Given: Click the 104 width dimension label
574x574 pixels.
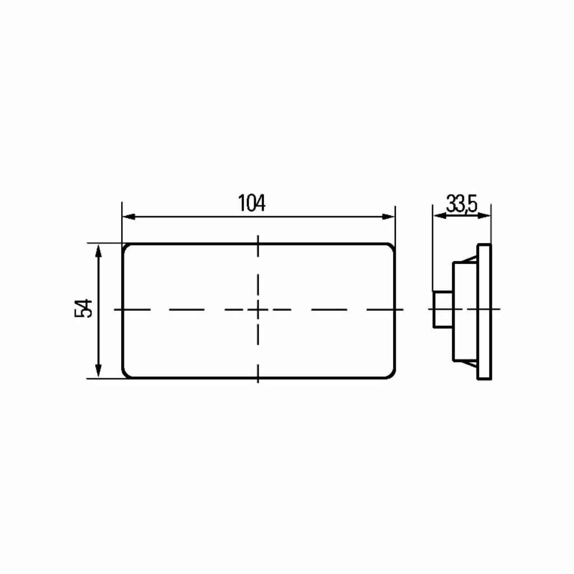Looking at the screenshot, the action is (x=252, y=203).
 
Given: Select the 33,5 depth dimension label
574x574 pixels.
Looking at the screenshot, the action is (x=462, y=204).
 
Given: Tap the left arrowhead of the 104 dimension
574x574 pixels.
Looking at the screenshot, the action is (x=129, y=217).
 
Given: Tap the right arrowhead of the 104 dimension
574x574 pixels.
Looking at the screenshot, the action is (x=388, y=217).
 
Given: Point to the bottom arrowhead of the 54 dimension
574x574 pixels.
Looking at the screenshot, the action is (x=98, y=371).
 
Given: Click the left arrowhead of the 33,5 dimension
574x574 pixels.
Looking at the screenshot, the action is (x=439, y=216).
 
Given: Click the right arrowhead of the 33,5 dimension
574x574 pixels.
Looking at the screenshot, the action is (x=484, y=216).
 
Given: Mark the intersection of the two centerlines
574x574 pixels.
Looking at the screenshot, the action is (x=258, y=309).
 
